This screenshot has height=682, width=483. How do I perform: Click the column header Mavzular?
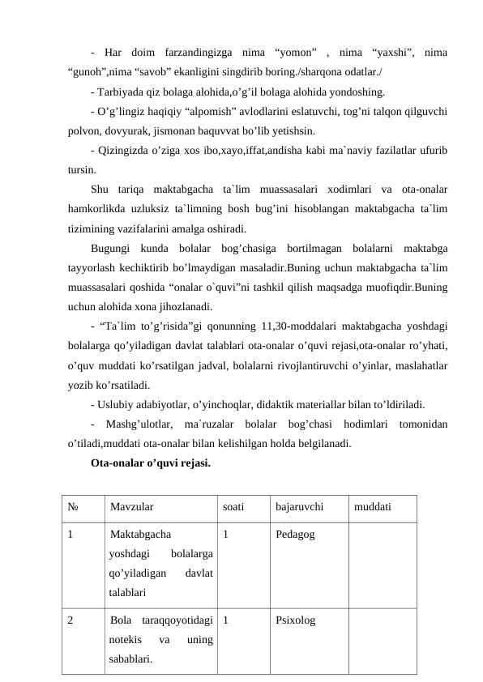[x=132, y=509]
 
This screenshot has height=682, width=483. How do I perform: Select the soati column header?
[x=233, y=509]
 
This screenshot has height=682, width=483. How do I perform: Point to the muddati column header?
[x=373, y=509]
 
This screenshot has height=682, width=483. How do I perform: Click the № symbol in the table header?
[x=73, y=509]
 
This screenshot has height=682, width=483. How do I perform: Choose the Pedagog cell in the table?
[x=296, y=535]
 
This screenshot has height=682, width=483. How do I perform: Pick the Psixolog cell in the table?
[x=296, y=621]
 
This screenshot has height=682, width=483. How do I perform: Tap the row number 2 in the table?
[x=71, y=621]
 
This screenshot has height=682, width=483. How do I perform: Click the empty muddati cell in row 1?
[x=381, y=563]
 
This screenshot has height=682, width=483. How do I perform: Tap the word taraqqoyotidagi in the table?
[x=178, y=621]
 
